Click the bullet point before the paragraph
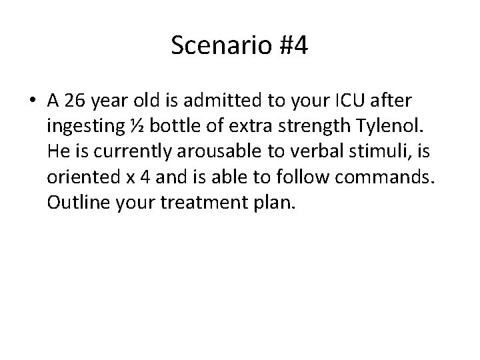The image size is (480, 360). (33, 101)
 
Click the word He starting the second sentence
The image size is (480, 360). (57, 151)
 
